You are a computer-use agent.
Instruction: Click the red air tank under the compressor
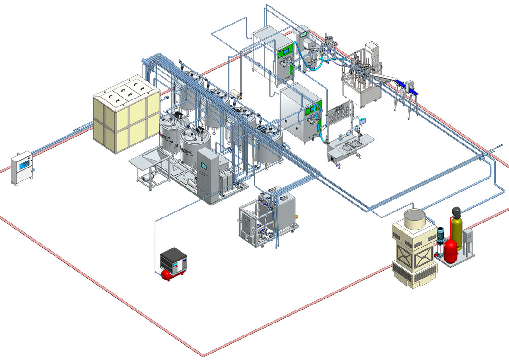click(172, 275)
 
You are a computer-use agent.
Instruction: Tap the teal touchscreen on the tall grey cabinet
click(203, 165)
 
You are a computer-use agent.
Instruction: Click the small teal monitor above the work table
click(363, 121)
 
